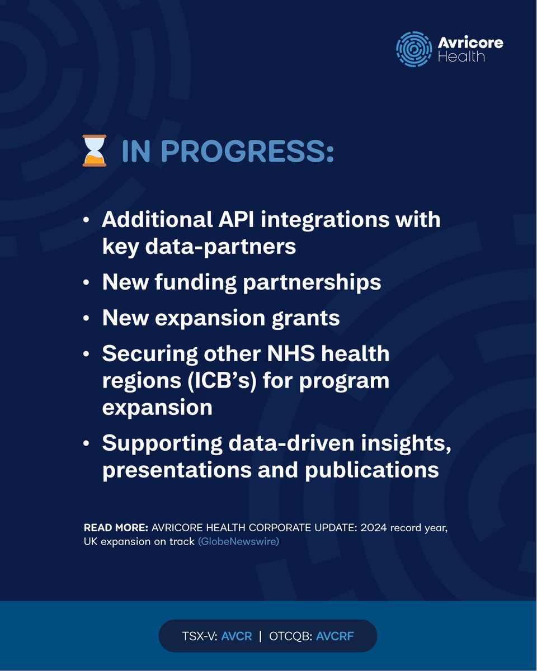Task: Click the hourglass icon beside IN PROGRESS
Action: [94, 151]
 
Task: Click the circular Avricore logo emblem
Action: [414, 49]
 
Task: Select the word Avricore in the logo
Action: [470, 43]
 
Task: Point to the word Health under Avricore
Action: [461, 56]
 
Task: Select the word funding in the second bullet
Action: [198, 282]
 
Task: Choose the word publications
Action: [371, 470]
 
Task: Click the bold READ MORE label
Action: [116, 528]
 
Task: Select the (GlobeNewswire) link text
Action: [238, 541]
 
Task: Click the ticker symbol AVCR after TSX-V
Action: [237, 636]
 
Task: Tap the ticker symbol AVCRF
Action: [335, 636]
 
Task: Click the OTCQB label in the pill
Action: [290, 636]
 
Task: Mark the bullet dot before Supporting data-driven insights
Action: [85, 443]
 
